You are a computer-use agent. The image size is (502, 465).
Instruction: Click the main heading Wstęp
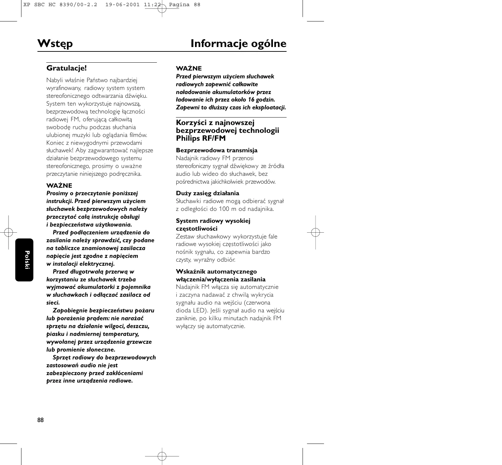55,44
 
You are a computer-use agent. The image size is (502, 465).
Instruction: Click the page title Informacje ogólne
238,44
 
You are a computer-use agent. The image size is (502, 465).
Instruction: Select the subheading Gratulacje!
67,68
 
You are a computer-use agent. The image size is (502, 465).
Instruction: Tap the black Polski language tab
25,260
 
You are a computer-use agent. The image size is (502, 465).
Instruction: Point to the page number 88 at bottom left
41,420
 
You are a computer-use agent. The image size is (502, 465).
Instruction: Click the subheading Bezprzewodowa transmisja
216,150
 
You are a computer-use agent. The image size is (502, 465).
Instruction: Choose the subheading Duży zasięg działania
207,193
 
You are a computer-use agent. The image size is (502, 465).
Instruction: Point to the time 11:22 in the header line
152,5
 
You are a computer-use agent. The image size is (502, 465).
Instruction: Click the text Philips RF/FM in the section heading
201,138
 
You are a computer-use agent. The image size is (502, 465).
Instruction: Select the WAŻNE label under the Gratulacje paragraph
59,185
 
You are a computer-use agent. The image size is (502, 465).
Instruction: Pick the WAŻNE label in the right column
189,68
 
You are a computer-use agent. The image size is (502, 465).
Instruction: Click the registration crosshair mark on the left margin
9,232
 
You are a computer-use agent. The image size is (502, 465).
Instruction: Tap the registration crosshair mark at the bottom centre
162,456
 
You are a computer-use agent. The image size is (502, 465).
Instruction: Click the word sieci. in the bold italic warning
53,303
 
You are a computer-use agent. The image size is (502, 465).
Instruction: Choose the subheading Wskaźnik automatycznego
216,272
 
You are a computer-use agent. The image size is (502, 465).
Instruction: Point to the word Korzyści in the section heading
190,123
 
